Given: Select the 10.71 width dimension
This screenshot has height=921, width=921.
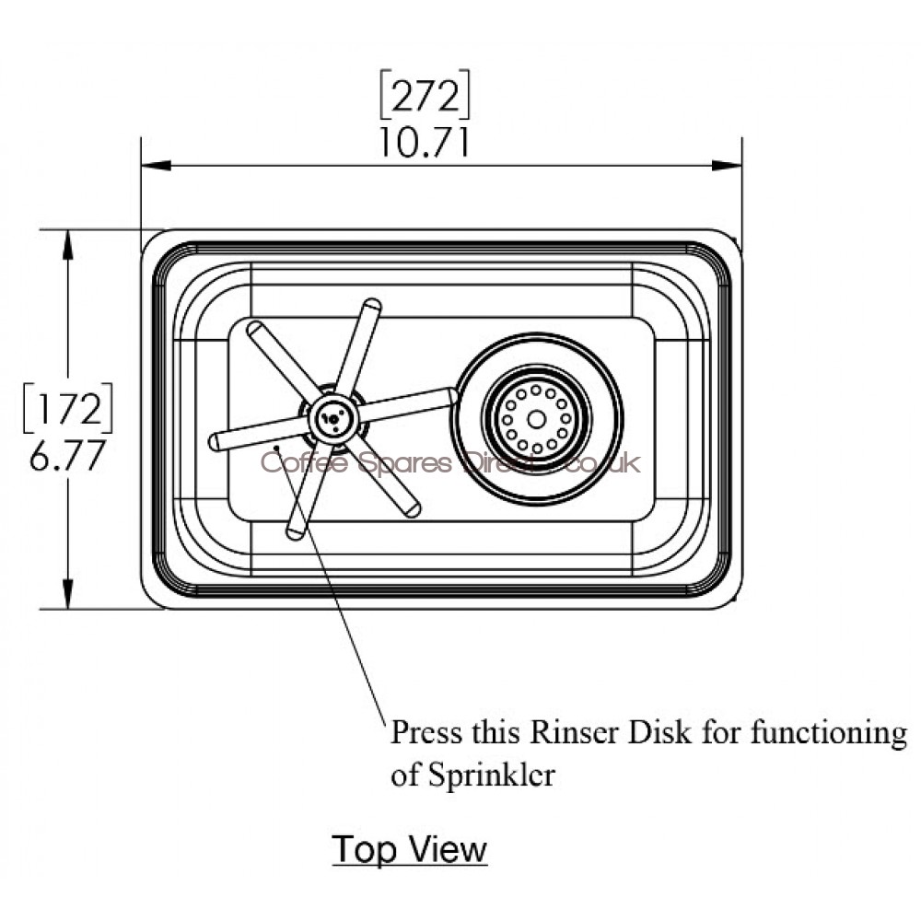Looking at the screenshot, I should coord(425,143).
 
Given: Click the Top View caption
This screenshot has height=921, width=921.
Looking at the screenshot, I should coord(409,848).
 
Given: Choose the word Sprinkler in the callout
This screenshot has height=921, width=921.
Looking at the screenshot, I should coord(492,775).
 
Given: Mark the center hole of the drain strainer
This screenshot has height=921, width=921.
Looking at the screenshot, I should coord(536,419).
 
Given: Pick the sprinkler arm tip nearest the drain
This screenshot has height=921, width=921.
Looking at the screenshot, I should coord(451,395).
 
